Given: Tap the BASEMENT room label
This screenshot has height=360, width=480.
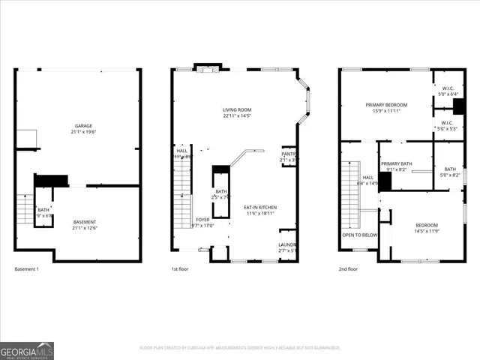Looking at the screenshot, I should pos(84,223).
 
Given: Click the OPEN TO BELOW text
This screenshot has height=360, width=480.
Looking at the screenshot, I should pos(360,235).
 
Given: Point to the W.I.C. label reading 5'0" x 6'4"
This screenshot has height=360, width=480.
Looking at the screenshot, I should pos(447,89).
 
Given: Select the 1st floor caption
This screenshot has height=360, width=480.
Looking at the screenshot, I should pos(181,268).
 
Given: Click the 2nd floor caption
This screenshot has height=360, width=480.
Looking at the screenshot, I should pos(348,268).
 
